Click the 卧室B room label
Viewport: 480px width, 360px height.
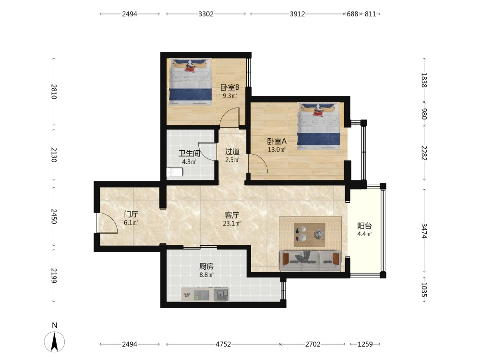pos(230,87)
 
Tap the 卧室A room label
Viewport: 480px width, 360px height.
pos(277,142)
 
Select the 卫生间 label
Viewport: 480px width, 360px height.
pos(189,154)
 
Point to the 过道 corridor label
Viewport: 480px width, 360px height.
pos(232,152)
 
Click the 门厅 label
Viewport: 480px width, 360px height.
pos(131,214)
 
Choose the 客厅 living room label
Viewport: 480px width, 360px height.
pos(232,215)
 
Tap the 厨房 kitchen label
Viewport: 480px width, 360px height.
pos(206,266)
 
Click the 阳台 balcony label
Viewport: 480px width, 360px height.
pos(364,226)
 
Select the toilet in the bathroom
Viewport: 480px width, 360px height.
pos(175,172)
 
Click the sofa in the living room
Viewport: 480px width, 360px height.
pos(311,261)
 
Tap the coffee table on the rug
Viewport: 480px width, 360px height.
pos(310,235)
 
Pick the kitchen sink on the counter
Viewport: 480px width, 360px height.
pos(221,295)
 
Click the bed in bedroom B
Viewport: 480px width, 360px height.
pos(191,82)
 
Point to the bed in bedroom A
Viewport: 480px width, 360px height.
pos(319,126)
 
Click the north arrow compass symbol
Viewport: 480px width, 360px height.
pos(55,341)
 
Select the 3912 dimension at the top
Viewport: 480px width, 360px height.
pos(297,14)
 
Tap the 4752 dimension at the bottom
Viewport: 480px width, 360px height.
pos(223,344)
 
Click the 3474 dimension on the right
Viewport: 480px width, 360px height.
pos(424,230)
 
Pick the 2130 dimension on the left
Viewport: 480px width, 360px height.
pos(54,155)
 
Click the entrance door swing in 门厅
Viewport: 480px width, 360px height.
pos(107,223)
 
